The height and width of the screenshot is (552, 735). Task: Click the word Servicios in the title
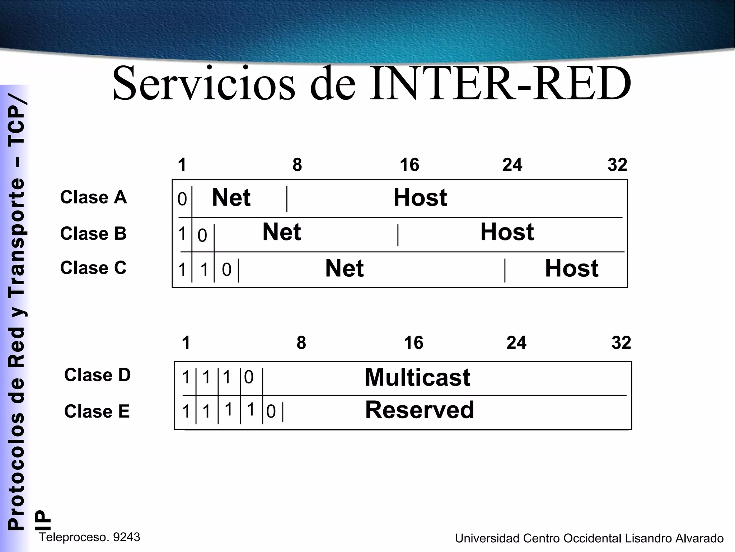[x=204, y=83]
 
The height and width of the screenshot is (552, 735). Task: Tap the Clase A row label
[x=93, y=197]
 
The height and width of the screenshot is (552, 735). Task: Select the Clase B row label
[x=93, y=233]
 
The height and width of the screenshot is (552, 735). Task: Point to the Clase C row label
[x=93, y=268]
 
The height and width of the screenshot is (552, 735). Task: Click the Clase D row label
[x=97, y=375]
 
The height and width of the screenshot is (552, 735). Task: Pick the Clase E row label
[x=97, y=411]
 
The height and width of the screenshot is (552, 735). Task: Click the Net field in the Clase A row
[x=231, y=198]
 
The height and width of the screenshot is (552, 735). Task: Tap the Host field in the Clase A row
[x=420, y=198]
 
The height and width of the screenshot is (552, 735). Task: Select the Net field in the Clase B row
[x=282, y=232]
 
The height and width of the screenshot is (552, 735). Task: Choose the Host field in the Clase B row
[x=507, y=232]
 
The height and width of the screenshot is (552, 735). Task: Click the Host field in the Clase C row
[x=571, y=268]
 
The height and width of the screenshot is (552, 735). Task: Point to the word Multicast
[x=417, y=377]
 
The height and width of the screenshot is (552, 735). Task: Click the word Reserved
[x=420, y=410]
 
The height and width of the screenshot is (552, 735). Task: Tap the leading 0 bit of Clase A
[x=182, y=199]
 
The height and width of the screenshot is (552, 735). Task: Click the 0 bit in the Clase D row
[x=249, y=377]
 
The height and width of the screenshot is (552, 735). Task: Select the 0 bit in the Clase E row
[x=271, y=412]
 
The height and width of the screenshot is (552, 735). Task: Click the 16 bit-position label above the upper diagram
[x=409, y=165]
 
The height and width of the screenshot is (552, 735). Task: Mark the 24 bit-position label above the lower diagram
[x=516, y=343]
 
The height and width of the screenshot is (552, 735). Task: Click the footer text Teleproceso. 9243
[x=89, y=537]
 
